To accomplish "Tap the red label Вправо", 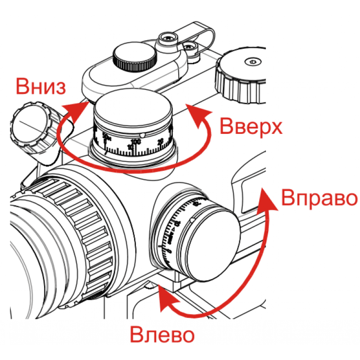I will coord(319,198).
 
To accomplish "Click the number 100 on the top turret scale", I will coord(136,142).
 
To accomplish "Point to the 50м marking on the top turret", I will coord(106,136).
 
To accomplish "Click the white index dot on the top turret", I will coord(143,135).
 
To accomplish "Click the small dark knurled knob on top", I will coord(135,57).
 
